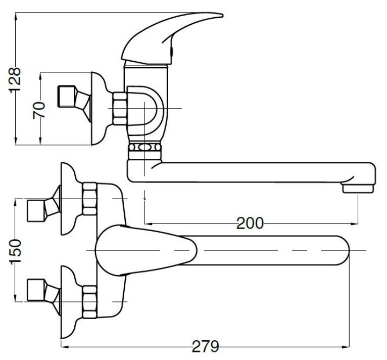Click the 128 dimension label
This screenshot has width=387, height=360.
[x=15, y=80]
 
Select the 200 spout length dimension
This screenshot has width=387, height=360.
[x=250, y=223]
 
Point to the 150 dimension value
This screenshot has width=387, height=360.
[x=16, y=252]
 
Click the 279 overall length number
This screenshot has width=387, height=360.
[x=205, y=346]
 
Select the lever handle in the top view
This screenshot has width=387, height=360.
[x=146, y=250]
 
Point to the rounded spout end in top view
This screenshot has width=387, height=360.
[x=343, y=250]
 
